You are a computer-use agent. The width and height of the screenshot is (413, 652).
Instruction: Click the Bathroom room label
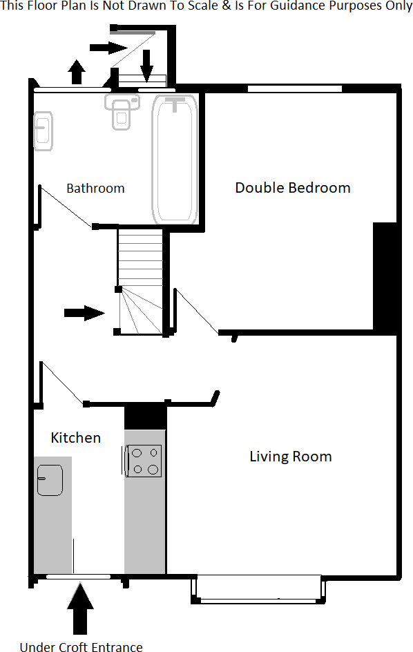tap(95, 188)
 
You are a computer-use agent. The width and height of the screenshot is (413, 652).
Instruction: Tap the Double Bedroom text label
tap(292, 187)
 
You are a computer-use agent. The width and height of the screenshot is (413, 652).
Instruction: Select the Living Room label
tap(290, 457)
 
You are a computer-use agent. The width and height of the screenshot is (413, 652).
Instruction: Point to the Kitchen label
tap(76, 437)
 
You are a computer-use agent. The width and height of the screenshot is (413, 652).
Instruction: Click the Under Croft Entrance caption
tap(81, 646)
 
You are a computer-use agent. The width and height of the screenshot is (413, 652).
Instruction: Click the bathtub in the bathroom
tap(175, 158)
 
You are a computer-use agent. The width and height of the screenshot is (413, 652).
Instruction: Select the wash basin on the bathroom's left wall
tap(43, 131)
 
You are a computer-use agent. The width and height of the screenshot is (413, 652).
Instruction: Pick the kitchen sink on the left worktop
tap(50, 480)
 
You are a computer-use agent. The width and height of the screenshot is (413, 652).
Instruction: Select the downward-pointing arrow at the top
tap(146, 65)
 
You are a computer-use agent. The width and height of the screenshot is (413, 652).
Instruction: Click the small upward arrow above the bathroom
tap(77, 71)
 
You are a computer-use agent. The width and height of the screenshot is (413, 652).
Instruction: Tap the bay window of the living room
tap(258, 589)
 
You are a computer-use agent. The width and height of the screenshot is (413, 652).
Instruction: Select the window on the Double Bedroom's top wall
tap(295, 88)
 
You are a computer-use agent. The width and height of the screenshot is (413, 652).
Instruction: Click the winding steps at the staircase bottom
tap(141, 312)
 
